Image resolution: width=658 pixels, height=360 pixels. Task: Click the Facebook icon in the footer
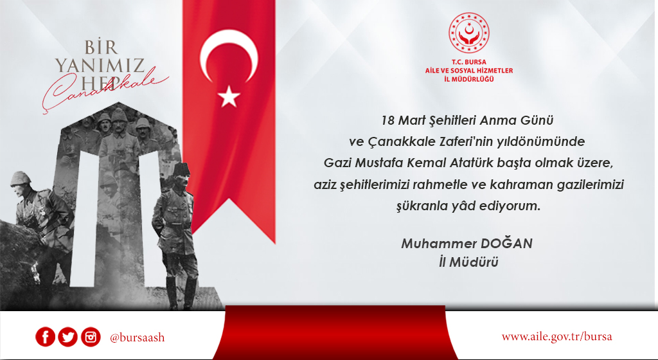pyautogui.click(x=45, y=337)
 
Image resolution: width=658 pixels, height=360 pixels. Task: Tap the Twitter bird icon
pyautogui.click(x=67, y=337)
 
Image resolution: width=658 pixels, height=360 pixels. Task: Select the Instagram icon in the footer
pyautogui.click(x=91, y=337)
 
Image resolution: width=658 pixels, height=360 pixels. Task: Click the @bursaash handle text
pyautogui.click(x=137, y=337)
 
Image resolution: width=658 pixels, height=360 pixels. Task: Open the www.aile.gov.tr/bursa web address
pyautogui.click(x=556, y=337)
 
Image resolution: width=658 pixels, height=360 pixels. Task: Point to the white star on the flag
pyautogui.click(x=229, y=97)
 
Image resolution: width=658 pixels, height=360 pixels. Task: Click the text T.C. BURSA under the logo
pyautogui.click(x=468, y=63)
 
